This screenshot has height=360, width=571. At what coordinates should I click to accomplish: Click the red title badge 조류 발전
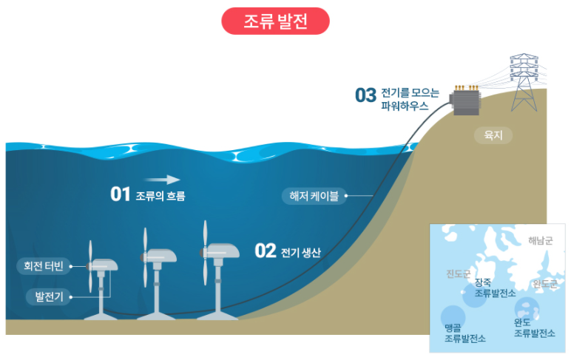pos(275,21)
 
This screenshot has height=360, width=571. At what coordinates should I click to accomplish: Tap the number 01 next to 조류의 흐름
pos(120,194)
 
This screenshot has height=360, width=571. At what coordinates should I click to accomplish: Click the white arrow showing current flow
pos(162,179)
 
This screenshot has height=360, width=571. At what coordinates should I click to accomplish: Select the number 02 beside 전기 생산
pos(265,251)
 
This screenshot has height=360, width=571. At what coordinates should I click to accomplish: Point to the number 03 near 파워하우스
pos(365,95)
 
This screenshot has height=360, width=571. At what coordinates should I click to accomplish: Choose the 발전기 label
pos(50,297)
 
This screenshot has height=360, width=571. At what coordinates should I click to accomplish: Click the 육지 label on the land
pos(493,136)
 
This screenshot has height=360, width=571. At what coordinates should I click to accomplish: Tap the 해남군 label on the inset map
pos(545,240)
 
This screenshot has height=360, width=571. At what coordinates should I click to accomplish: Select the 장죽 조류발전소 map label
pos(496,288)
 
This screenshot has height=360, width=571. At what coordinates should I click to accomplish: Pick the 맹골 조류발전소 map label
pos(464,333)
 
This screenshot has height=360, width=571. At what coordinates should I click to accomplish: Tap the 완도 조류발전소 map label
pos(534,327)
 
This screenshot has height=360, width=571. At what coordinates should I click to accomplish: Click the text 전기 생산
pos(301,252)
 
